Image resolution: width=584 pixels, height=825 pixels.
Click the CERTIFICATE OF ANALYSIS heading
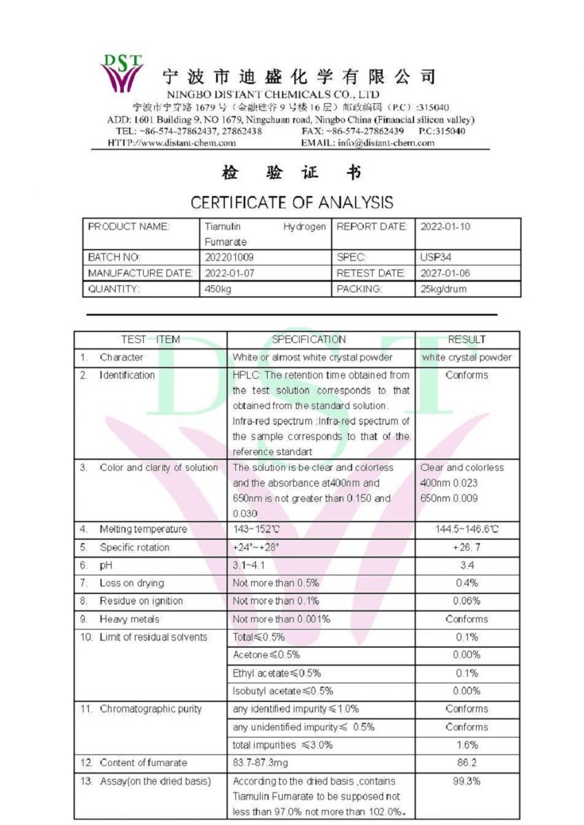[x=292, y=202]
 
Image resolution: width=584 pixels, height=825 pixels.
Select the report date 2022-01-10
[x=445, y=226]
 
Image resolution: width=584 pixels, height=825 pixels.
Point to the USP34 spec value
[x=435, y=257]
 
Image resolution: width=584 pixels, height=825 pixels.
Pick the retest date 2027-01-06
[x=445, y=273]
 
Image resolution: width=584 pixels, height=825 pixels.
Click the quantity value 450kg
[x=219, y=289]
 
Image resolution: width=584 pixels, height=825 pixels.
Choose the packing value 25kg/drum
[x=443, y=289]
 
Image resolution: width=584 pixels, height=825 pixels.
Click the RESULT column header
[x=466, y=339]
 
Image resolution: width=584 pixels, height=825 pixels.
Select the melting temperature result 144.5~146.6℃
[x=467, y=529]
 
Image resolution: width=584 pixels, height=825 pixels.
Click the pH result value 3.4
[x=466, y=565]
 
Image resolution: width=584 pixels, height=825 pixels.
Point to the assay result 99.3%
[x=466, y=781]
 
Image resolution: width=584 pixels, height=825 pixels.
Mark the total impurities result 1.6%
[x=466, y=745]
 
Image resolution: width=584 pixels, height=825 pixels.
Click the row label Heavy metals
[x=129, y=619]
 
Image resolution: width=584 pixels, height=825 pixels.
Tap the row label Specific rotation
[x=134, y=547]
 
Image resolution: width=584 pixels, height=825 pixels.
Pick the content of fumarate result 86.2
[x=466, y=762]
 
